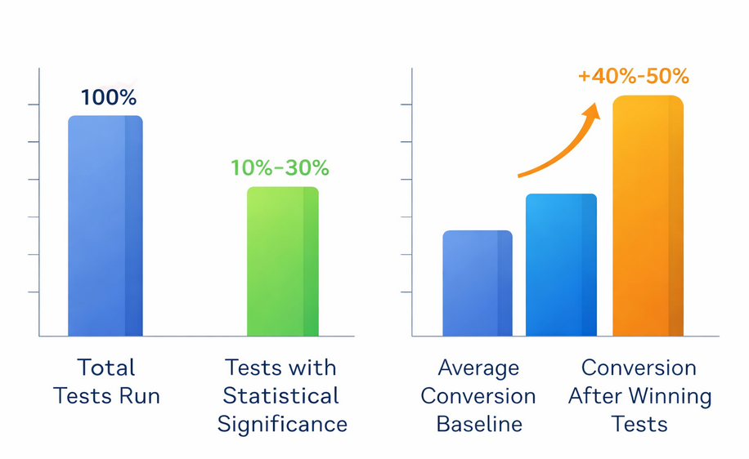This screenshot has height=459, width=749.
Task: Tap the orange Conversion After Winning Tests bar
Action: tap(648, 216)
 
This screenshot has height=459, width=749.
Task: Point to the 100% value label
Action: tap(109, 98)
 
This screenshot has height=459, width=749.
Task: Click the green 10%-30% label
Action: tap(280, 168)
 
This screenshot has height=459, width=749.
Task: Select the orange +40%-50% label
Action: tap(633, 77)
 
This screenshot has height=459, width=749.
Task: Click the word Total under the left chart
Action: tap(106, 368)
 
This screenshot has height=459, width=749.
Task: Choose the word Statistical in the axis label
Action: tap(280, 396)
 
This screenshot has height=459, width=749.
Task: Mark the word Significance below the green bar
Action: tap(282, 425)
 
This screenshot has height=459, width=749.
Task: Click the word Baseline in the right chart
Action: tap(478, 425)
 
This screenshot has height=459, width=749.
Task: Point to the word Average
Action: tap(478, 368)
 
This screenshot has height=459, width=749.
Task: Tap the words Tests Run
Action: tap(106, 397)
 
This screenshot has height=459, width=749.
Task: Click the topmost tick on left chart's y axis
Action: tap(34, 105)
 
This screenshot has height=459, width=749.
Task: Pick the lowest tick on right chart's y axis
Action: tap(406, 292)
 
